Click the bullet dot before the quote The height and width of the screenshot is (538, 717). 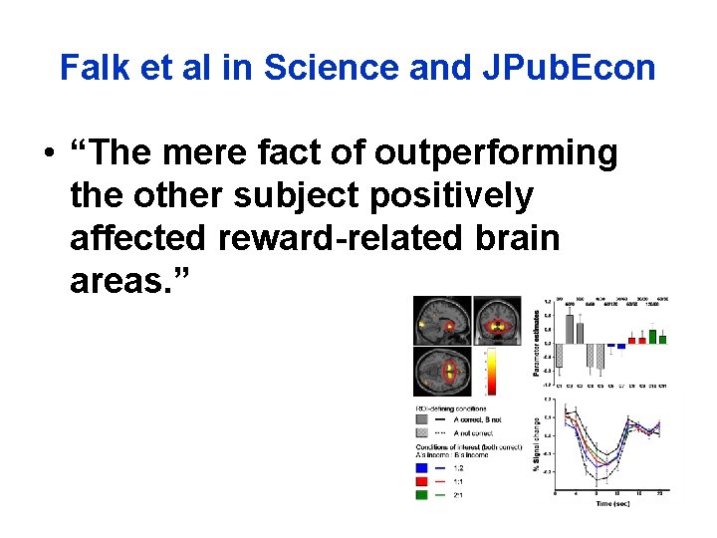(x=48, y=155)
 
